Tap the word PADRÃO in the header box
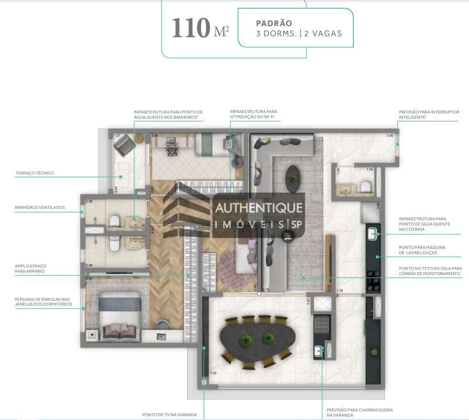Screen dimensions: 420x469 [x=274, y=23]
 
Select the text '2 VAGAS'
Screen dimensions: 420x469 [x=324, y=34]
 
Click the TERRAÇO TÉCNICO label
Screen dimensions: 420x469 [x=34, y=173]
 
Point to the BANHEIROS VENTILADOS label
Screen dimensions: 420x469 [x=40, y=207]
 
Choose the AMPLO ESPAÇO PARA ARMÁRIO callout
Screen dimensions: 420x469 [x=31, y=268]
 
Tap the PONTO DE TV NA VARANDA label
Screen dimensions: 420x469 [x=169, y=415]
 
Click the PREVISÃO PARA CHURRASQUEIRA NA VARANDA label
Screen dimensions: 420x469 [x=353, y=412]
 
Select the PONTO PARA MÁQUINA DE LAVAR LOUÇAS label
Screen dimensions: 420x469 [x=422, y=250]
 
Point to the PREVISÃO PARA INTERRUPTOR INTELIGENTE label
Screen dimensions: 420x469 [x=428, y=114]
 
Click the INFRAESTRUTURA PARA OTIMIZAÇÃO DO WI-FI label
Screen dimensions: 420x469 [x=253, y=114]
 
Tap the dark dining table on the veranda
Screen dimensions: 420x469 [x=256, y=341]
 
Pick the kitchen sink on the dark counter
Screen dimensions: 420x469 [x=373, y=233]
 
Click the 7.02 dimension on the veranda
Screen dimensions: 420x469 [x=213, y=373]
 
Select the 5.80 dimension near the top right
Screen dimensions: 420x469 [x=390, y=136]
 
